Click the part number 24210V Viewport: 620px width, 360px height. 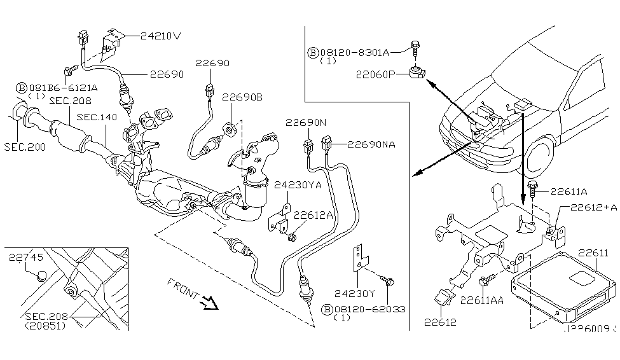[x=161, y=36]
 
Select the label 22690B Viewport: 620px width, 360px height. [x=242, y=97]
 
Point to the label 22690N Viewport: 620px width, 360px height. [x=305, y=123]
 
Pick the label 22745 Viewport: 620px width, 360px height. [x=27, y=258]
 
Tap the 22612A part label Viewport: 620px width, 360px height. [x=313, y=216]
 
